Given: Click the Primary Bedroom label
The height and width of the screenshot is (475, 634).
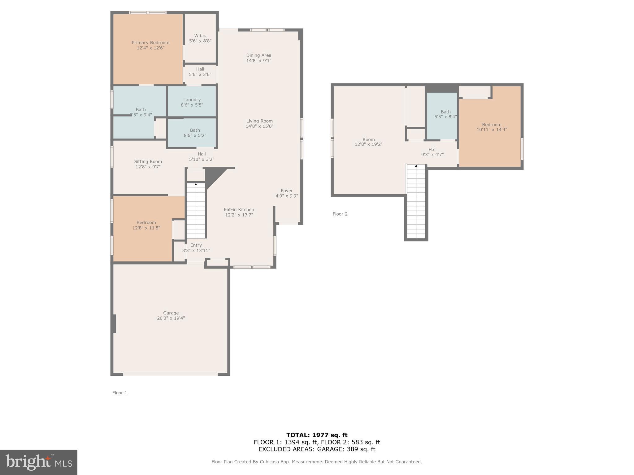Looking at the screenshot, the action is (150, 43).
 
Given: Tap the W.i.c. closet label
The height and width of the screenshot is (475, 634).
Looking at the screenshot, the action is (200, 36).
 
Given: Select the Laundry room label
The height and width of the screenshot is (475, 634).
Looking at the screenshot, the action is (192, 100).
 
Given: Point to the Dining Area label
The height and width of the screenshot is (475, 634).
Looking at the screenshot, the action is (259, 55).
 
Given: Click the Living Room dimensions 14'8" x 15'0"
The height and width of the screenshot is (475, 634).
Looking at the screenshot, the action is (259, 126).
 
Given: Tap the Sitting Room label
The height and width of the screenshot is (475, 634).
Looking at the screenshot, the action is (148, 161).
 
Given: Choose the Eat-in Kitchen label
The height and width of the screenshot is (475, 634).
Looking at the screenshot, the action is (239, 209).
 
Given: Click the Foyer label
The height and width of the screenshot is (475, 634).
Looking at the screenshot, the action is (287, 191).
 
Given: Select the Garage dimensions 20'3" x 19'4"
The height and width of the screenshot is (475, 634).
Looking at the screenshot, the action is (171, 318).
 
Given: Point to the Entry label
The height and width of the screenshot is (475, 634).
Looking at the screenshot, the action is (196, 245).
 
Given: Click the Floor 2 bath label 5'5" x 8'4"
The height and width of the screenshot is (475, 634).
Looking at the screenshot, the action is (446, 114).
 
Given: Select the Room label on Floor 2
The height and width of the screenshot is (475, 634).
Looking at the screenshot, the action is (369, 139).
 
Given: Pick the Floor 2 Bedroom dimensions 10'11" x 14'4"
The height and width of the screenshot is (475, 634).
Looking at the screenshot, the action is (492, 130).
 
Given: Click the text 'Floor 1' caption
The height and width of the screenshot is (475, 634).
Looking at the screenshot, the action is (120, 393).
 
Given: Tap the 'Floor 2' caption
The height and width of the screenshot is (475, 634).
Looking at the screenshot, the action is (340, 214).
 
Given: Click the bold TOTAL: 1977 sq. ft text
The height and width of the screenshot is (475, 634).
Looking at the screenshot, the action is (317, 435).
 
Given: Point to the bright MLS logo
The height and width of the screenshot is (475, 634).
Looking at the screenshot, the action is (39, 462).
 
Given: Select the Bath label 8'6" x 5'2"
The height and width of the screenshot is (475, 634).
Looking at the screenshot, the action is (195, 133).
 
